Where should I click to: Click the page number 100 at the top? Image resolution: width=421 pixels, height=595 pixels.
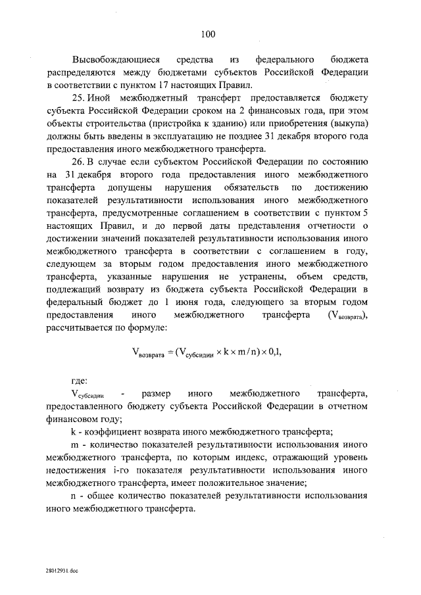point(210,34)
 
